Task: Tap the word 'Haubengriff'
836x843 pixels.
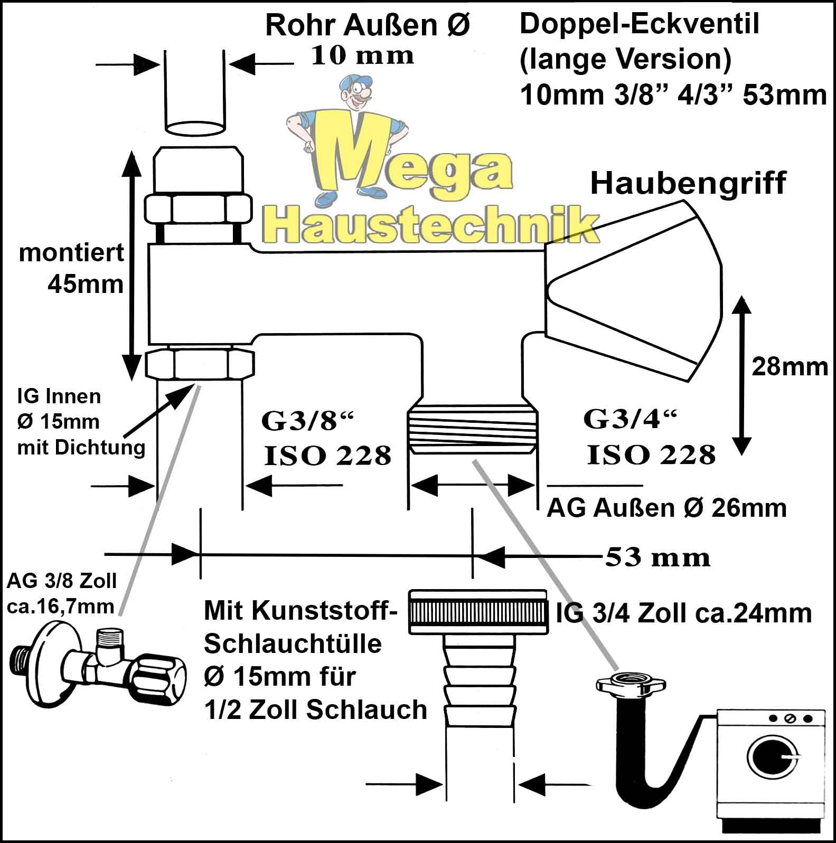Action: click(x=688, y=183)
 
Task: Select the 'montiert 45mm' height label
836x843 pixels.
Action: click(x=71, y=269)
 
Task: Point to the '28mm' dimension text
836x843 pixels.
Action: click(x=790, y=366)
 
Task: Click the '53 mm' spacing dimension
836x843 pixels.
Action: click(x=657, y=557)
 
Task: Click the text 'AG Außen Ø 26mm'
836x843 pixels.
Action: click(x=666, y=508)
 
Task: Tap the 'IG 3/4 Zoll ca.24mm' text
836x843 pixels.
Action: click(x=683, y=613)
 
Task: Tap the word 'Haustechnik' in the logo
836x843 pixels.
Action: click(x=430, y=224)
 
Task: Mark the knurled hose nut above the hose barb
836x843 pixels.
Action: click(x=478, y=612)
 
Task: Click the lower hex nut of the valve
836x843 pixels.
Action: click(x=200, y=364)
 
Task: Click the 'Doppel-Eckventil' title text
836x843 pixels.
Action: click(x=639, y=24)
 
